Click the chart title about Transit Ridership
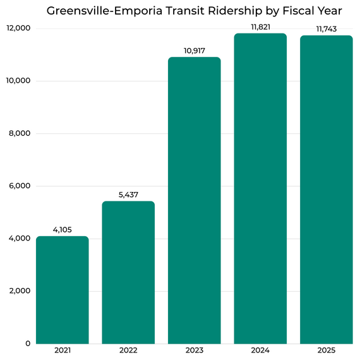coord(194,11)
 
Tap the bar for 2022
coord(128,272)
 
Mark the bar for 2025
coord(326,189)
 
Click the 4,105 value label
coord(62,230)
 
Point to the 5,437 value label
coord(128,195)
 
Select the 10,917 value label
coord(194,51)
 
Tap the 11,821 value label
coord(260,27)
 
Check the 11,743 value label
coord(326,28)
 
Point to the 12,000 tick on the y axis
coord(19,28)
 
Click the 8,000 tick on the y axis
coord(20,133)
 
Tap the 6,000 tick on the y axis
coord(20,186)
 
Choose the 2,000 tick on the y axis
coord(20,291)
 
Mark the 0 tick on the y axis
coord(28,343)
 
